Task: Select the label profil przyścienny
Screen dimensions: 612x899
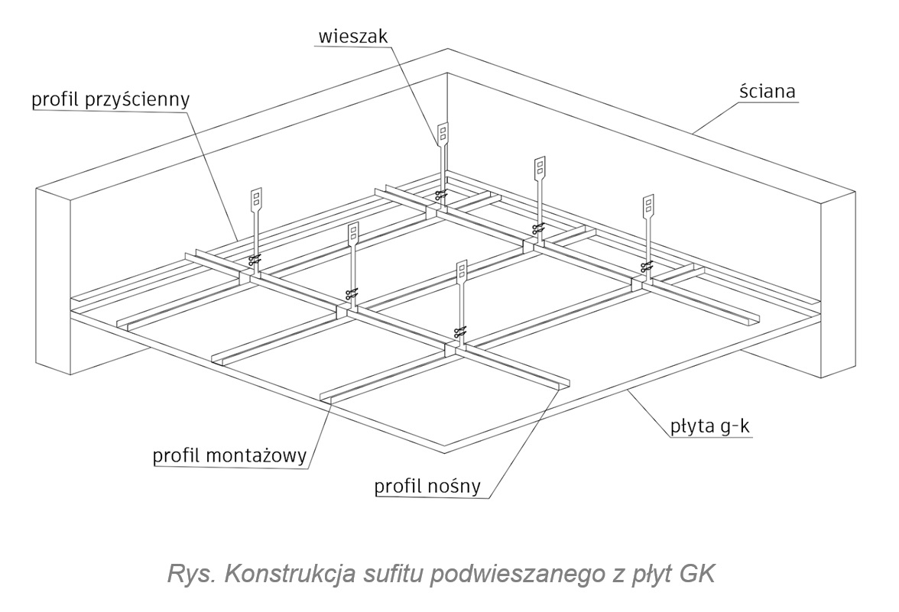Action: pyautogui.click(x=110, y=99)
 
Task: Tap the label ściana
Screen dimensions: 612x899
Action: pyautogui.click(x=768, y=92)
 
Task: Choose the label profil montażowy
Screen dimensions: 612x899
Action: pyautogui.click(x=229, y=456)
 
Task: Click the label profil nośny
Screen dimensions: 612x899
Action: pyautogui.click(x=430, y=486)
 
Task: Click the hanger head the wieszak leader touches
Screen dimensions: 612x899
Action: pyautogui.click(x=443, y=134)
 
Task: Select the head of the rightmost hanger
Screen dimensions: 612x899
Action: pyautogui.click(x=648, y=205)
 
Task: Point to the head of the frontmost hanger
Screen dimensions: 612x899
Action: pyautogui.click(x=461, y=272)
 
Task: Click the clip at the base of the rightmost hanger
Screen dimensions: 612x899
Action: pyautogui.click(x=647, y=266)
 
